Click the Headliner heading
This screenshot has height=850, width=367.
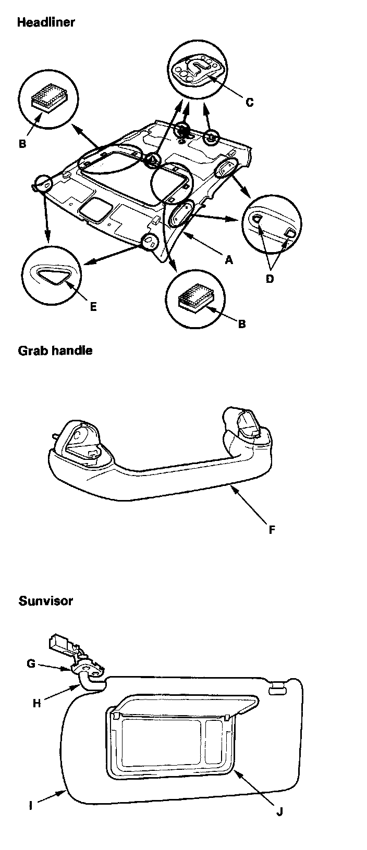coord(46,22)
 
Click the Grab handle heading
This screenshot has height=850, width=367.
coord(55,350)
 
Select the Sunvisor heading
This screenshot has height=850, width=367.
coord(45,601)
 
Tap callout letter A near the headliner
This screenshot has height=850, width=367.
coord(229,260)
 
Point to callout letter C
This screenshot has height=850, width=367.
coord(249,102)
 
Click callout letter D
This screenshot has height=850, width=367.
coord(270,279)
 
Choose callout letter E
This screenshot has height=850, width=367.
coord(93,306)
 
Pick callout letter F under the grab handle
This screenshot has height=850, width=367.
coord(272,530)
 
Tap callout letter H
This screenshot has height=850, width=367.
coord(37,703)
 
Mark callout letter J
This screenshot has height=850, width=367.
coord(279,811)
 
